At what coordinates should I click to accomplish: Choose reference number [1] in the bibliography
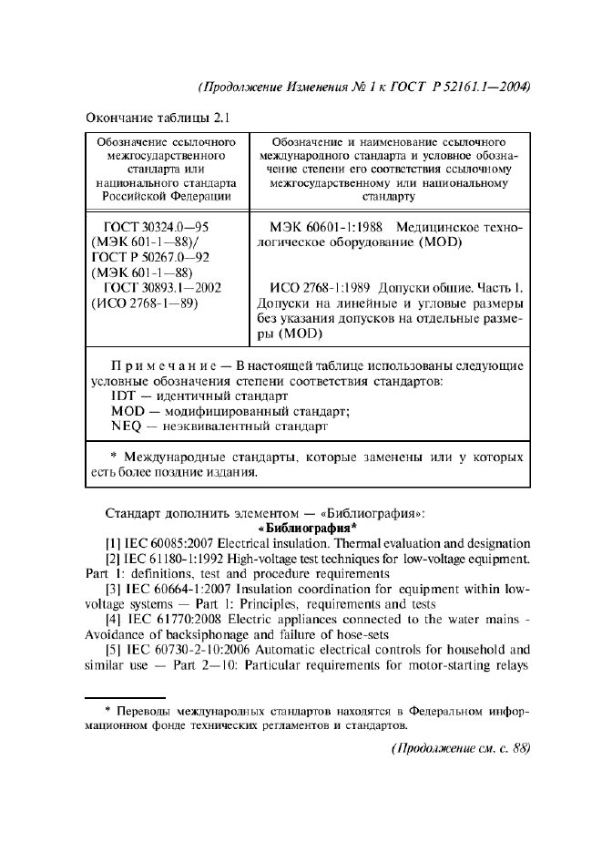[x=117, y=544]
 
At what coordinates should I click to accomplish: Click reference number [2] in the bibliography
[x=117, y=559]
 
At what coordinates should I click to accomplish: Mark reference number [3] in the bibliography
[x=117, y=589]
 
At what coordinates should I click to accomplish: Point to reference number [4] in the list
[x=117, y=619]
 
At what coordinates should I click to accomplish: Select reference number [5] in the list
[x=117, y=649]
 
